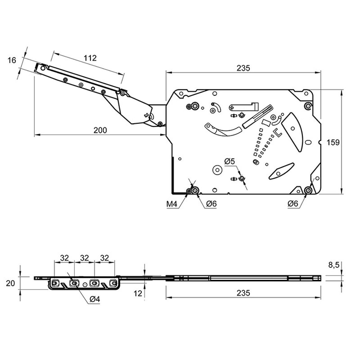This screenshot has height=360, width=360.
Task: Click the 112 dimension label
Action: (x=90, y=58)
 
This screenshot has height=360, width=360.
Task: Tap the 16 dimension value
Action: (x=12, y=60)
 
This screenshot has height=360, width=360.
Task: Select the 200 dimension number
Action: (x=100, y=130)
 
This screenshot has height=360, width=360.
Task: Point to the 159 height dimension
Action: (x=333, y=143)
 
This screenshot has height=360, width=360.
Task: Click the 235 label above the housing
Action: (x=243, y=68)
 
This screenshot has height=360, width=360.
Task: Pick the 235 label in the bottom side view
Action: (x=243, y=293)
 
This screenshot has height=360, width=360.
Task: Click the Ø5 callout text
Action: (x=230, y=161)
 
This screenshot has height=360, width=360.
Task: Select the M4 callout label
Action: (x=172, y=204)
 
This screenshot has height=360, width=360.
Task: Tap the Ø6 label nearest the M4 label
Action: (x=211, y=204)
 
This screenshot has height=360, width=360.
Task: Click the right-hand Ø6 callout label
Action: (x=293, y=204)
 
